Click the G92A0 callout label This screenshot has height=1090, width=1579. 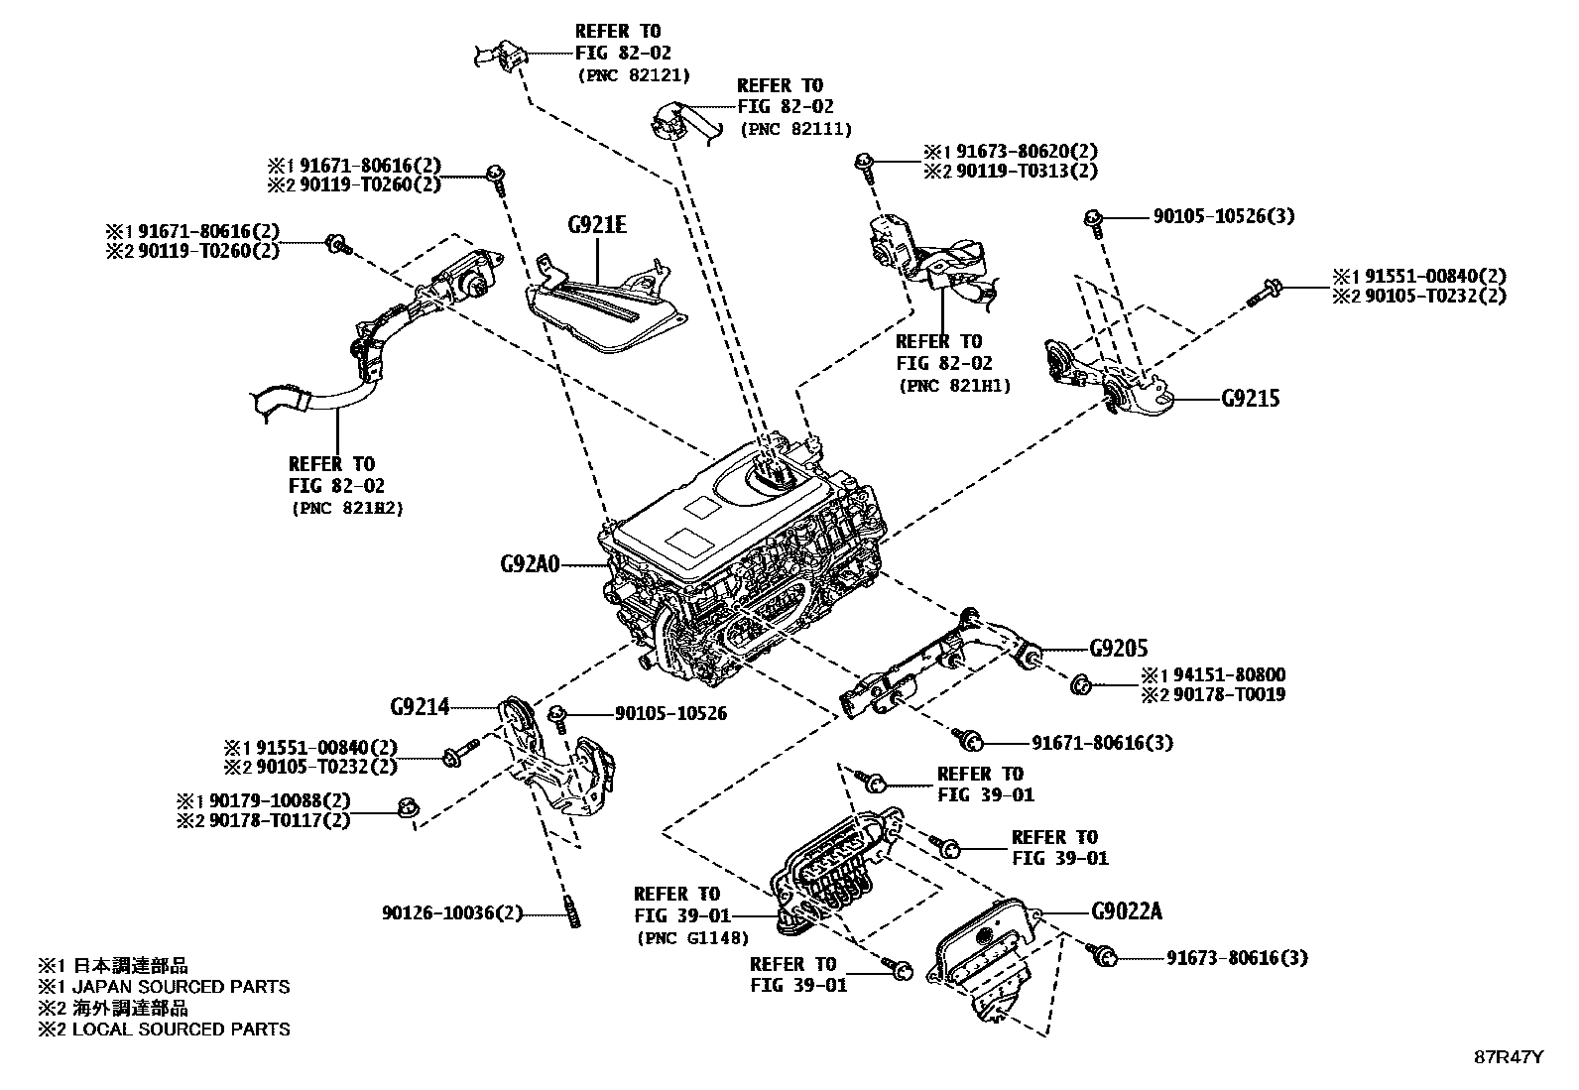pos(530,566)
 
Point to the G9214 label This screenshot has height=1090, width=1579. pos(420,707)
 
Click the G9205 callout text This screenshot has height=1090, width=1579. pos(1118,649)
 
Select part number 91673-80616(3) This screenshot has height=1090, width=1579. pos(1236,958)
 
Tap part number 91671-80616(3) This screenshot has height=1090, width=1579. pos(1101,742)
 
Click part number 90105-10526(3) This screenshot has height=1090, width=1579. pos(1222,216)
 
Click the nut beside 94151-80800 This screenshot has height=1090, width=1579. pos(1081,683)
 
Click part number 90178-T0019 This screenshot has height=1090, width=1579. pos(1229,694)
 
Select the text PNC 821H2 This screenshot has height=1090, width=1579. pos(347,509)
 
